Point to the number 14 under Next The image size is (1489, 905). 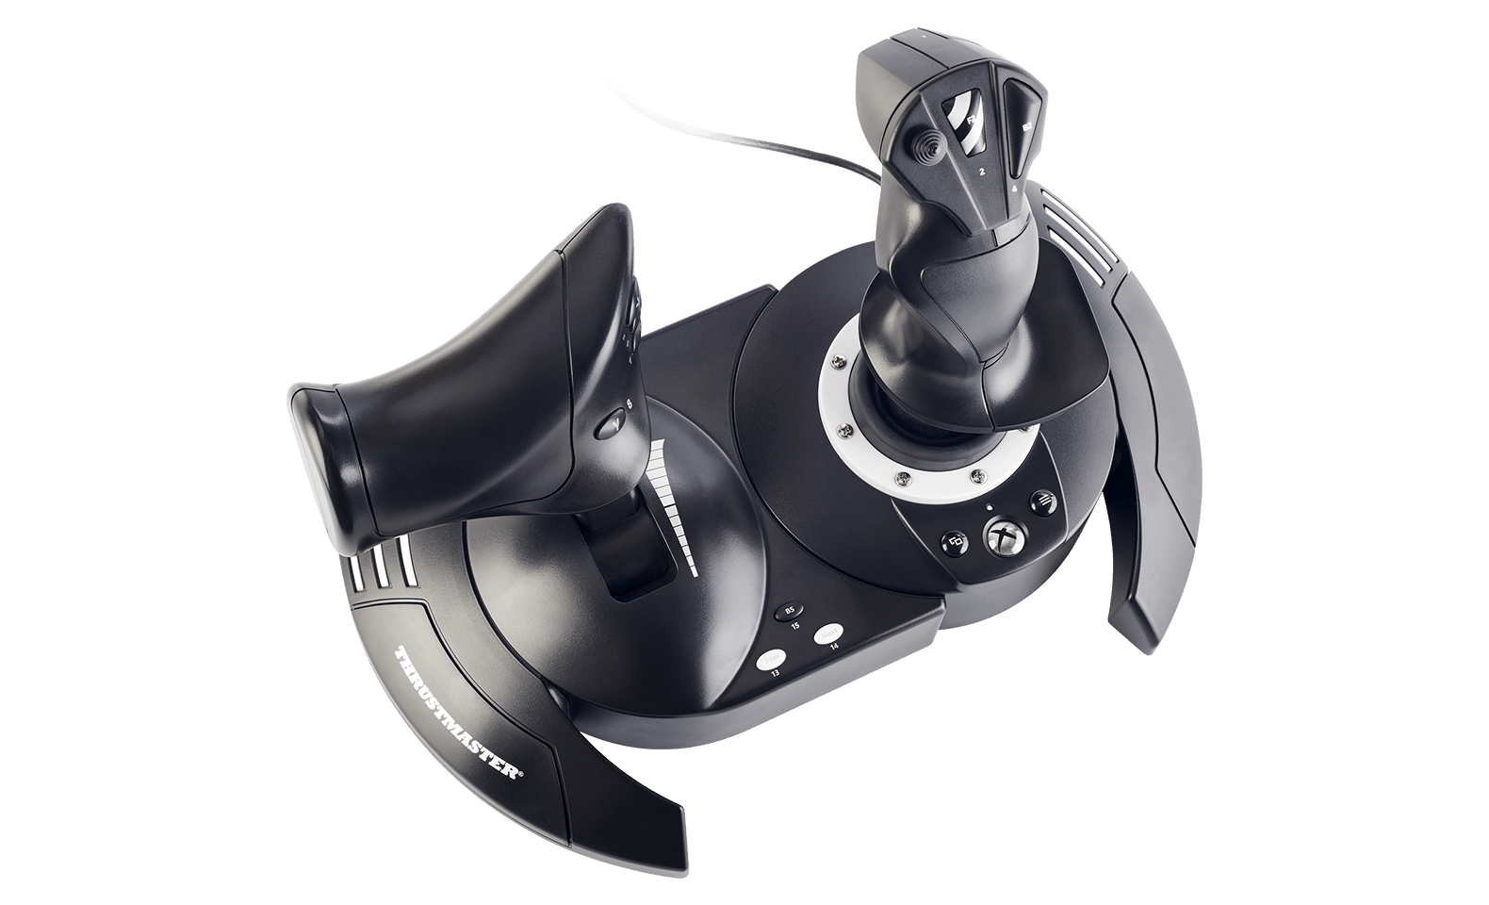click(833, 648)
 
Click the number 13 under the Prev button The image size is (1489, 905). click(775, 674)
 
